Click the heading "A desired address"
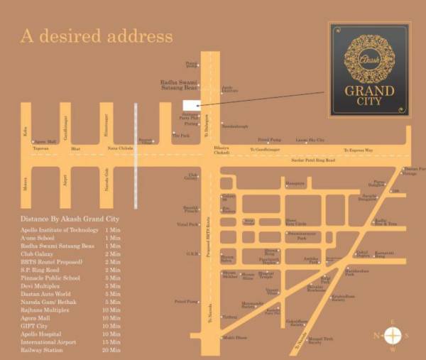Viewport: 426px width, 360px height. (96, 35)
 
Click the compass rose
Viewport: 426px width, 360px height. (392, 335)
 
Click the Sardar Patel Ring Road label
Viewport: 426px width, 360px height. (312, 161)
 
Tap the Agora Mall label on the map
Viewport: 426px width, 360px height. (45, 141)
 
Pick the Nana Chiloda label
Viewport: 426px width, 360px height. (119, 149)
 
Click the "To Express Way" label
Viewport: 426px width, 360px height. (358, 150)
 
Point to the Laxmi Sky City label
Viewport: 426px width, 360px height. (310, 141)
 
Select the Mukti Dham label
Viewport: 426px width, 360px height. (236, 337)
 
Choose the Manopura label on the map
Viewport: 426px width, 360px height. (295, 184)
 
